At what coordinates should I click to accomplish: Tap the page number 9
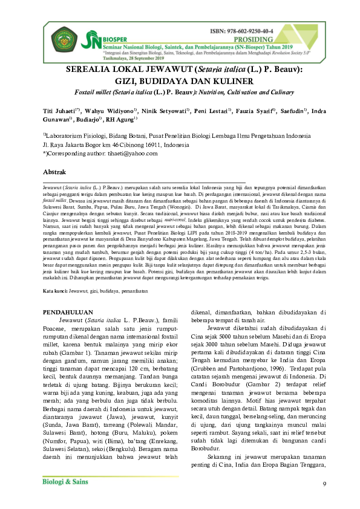pos(324,484)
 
